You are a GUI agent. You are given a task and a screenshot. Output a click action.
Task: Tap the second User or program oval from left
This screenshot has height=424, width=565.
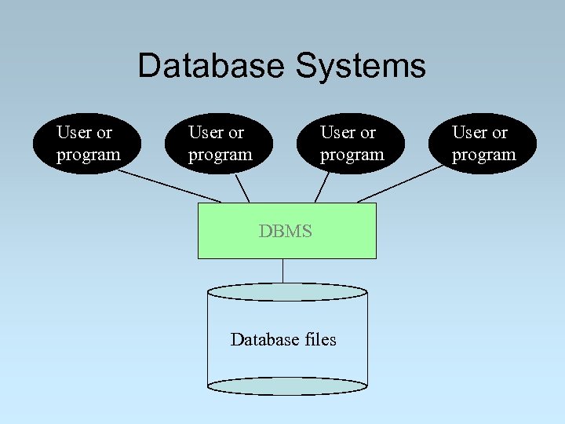point(219,144)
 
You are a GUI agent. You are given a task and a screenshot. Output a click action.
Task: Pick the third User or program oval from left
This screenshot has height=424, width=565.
point(351,144)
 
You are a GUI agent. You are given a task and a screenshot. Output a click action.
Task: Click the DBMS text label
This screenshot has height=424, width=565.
point(286,231)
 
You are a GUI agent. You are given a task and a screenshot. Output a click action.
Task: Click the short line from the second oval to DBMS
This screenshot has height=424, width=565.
point(242,188)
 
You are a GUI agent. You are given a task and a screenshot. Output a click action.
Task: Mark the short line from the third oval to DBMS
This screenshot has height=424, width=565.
point(322,188)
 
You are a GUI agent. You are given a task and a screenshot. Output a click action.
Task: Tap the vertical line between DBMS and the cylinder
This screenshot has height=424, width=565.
point(282,271)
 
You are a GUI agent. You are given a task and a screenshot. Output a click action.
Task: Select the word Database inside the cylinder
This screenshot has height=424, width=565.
point(264,339)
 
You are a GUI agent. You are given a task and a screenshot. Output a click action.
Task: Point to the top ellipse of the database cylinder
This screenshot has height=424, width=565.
point(287,292)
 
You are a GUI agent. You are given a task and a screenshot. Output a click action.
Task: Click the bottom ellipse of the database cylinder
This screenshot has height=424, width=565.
point(287,386)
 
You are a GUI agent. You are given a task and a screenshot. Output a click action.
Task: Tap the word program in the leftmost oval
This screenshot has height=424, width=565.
point(88,155)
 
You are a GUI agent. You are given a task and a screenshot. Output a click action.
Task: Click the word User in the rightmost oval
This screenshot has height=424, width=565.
point(468,133)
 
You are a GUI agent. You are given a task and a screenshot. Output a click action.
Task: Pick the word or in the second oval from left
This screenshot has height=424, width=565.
point(235,133)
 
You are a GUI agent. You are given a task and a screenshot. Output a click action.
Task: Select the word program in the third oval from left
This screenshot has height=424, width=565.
point(352,155)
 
